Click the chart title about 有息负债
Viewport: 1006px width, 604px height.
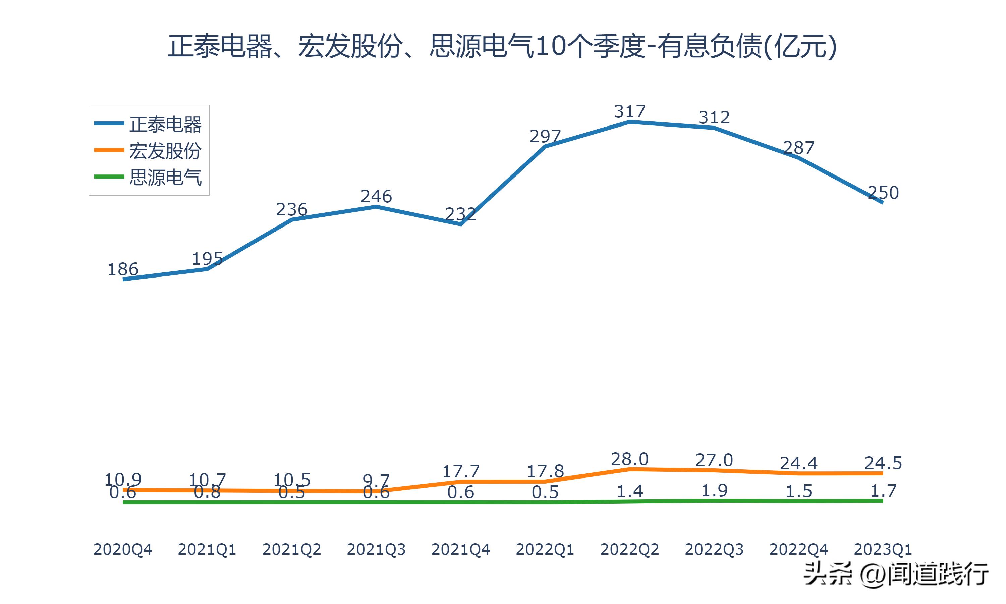click(503, 46)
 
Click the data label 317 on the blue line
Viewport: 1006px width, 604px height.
click(629, 111)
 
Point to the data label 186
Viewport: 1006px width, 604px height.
click(123, 269)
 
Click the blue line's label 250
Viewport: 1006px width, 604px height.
click(883, 193)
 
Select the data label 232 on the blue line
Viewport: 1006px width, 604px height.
click(460, 214)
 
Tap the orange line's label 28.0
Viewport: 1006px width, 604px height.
click(629, 459)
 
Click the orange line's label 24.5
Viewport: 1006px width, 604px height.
click(883, 463)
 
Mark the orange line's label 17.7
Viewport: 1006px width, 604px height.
click(460, 471)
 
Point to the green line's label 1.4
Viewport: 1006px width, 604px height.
click(629, 491)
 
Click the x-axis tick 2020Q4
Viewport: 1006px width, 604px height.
click(123, 549)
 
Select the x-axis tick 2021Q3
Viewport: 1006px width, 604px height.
click(376, 549)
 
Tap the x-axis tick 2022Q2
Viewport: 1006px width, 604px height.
click(629, 549)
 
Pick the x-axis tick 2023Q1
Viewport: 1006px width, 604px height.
click(883, 549)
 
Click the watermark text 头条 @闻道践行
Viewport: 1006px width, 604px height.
click(895, 574)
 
